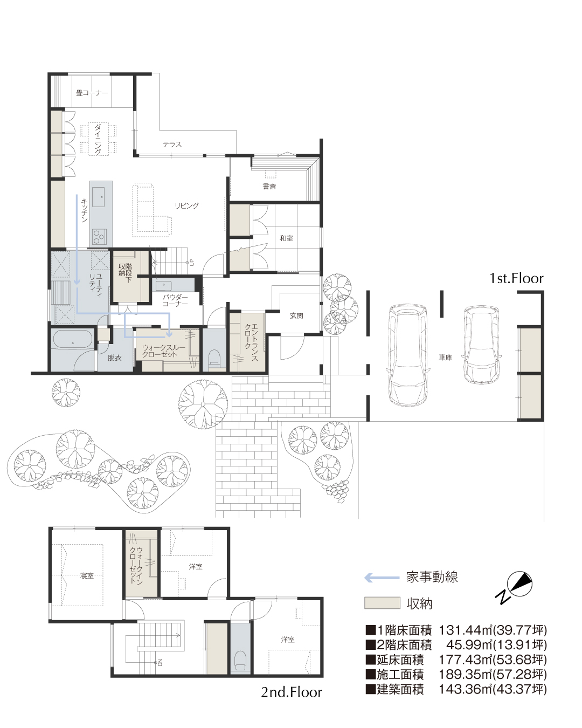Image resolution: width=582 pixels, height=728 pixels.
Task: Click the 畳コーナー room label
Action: point(92,93)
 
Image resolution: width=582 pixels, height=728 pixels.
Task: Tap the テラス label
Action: point(172,145)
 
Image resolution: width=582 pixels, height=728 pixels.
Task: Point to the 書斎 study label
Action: point(269,186)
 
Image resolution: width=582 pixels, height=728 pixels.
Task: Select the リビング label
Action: point(186,205)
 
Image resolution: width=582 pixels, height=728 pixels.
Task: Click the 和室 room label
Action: point(286,238)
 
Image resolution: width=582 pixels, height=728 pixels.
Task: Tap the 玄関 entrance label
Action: point(296,315)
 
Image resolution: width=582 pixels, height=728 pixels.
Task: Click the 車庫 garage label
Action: point(445,357)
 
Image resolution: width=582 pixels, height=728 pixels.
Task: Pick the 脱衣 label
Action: point(115,358)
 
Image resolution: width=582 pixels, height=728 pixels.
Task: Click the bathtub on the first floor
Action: point(73,339)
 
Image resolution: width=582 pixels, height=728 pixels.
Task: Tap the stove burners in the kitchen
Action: point(99,236)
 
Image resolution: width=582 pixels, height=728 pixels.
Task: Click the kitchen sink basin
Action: point(99,196)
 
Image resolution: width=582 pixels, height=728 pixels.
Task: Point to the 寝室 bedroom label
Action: point(87,575)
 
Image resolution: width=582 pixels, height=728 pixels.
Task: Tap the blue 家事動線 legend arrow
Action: point(382,578)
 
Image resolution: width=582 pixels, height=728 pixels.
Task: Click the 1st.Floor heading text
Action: point(516,278)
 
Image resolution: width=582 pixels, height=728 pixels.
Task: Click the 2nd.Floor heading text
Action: point(292,692)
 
